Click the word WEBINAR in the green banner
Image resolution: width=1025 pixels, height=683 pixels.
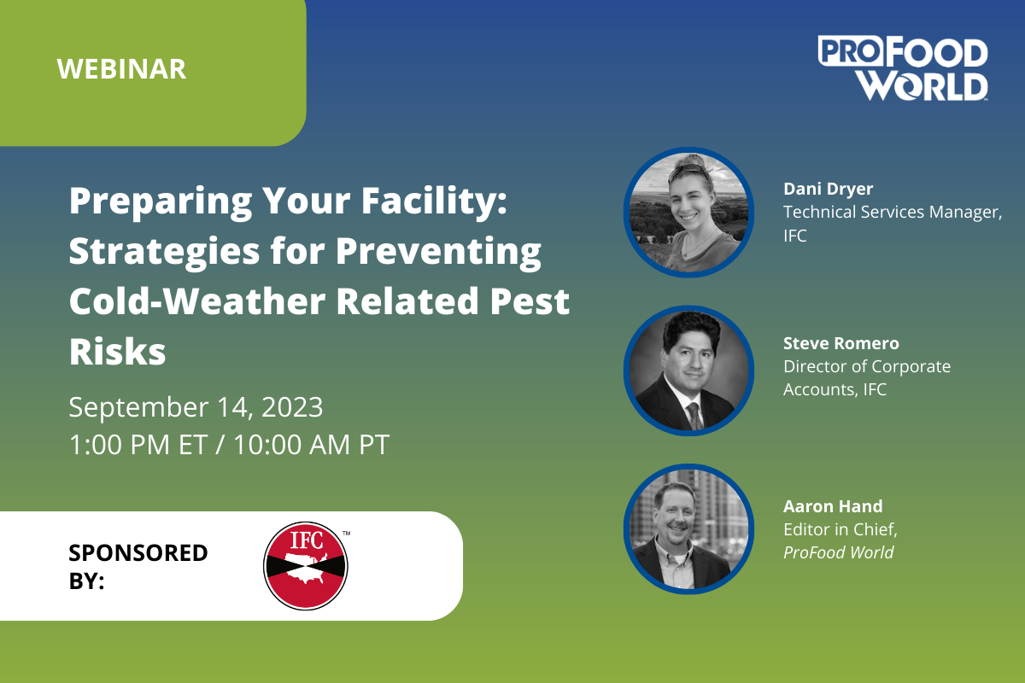121,69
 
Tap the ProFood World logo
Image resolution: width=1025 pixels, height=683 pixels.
903,68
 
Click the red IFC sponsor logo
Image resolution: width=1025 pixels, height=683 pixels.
306,566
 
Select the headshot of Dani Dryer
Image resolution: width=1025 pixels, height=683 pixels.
688,213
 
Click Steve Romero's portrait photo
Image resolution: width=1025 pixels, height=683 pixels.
688,371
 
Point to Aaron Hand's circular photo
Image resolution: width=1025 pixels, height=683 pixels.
688,528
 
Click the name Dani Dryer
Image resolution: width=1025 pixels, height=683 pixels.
829,189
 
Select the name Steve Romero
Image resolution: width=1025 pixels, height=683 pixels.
841,343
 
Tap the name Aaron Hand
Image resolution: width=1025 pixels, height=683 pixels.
833,506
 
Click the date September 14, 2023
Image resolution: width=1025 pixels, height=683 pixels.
196,406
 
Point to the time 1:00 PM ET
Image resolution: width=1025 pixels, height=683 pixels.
138,444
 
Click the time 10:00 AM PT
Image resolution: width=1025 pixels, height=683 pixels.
312,444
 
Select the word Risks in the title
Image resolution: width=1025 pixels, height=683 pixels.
118,352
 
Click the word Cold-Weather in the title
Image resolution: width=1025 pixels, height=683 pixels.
197,301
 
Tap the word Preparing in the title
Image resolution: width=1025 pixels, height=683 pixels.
161,202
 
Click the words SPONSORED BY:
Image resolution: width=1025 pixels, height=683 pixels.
138,566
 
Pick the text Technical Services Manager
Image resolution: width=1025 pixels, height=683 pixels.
893,213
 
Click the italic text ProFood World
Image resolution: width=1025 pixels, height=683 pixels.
838,552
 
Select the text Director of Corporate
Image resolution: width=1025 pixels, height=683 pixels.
867,366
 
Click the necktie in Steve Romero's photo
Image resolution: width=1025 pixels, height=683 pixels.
694,416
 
